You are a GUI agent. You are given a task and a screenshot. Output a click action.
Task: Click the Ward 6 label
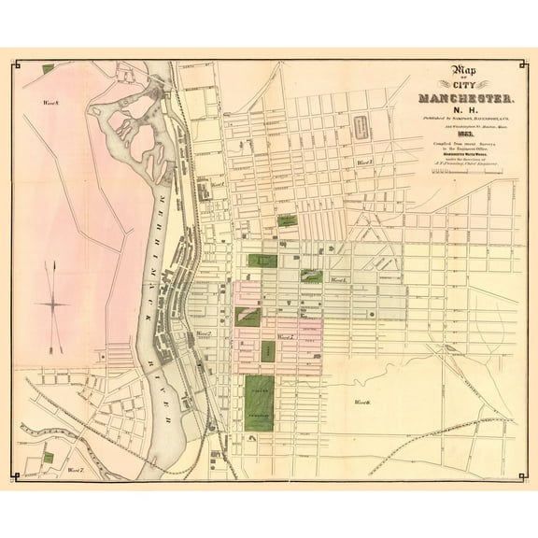(362, 402)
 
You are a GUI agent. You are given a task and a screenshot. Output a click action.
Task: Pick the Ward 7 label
(76, 472)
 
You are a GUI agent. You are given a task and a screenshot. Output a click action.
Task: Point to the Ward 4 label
(334, 279)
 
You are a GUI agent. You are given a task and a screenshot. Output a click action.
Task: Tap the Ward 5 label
(284, 336)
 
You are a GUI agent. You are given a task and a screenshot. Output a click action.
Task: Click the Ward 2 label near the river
(203, 333)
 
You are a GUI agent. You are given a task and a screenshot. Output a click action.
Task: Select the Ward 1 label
(217, 185)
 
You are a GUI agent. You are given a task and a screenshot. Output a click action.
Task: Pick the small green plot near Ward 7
(48, 457)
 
